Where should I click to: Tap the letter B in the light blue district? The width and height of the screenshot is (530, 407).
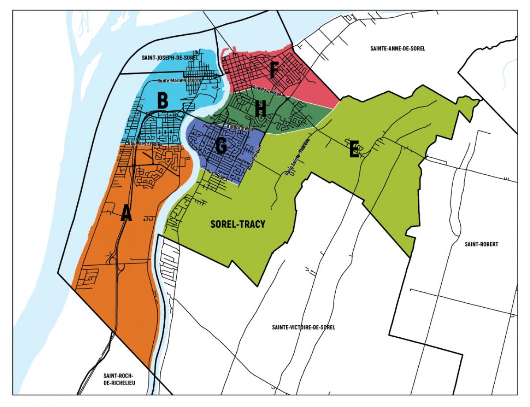163,101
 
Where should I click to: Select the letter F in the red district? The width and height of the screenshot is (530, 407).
274,70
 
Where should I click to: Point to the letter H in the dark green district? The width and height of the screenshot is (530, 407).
261,109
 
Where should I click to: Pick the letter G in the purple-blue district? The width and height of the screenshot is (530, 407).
221,146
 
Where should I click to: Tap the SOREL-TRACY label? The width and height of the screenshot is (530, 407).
238,224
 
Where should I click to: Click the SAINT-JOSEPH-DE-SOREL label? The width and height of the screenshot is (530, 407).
170,57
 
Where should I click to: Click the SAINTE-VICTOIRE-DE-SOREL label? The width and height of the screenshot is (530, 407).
304,328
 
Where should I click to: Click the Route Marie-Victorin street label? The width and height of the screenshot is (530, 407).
179,81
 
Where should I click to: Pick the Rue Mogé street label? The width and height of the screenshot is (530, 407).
216,174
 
